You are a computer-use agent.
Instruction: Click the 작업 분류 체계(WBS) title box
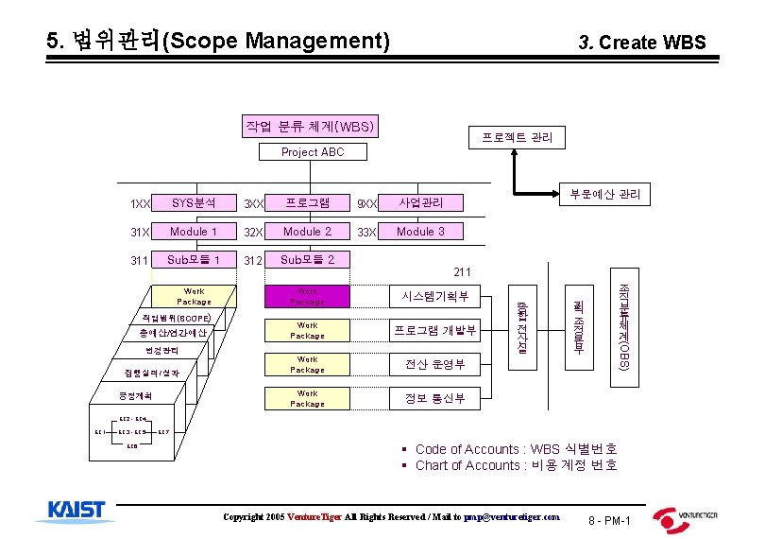(x=310, y=126)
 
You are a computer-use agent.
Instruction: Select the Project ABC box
(x=313, y=152)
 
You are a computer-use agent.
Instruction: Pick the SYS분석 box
(x=193, y=203)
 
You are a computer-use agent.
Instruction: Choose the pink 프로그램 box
(x=308, y=203)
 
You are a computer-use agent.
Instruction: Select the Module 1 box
(x=193, y=232)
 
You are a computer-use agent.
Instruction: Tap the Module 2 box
(x=308, y=232)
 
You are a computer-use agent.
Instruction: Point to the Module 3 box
(x=419, y=232)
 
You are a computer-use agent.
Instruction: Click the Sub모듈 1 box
(x=193, y=260)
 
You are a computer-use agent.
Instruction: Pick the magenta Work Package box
(x=308, y=296)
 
